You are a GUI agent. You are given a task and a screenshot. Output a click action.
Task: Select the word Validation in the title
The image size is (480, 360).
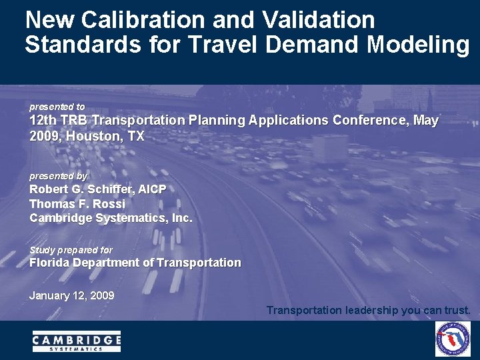319,20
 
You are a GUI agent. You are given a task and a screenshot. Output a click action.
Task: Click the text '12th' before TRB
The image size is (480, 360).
42,121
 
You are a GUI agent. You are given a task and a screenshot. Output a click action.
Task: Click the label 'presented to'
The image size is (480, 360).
57,107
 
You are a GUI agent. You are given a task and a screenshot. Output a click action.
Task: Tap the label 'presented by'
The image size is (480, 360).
58,176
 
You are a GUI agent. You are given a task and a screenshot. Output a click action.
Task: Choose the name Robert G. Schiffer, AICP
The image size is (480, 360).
98,189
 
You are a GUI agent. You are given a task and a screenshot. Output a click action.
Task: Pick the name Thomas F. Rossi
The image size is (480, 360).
77,204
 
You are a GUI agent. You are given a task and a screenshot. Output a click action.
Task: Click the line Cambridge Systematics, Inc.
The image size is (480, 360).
111,218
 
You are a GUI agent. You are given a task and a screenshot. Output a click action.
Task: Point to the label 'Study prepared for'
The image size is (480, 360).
71,250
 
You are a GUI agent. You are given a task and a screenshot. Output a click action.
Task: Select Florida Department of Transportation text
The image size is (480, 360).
135,263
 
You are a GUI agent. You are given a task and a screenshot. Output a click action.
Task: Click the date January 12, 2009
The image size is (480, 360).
72,295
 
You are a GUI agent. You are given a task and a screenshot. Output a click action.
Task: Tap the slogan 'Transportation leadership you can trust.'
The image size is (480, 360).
369,310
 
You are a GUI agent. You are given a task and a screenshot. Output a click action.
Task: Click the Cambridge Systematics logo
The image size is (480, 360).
77,341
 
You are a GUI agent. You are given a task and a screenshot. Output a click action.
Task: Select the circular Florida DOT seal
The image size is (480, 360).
453,339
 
